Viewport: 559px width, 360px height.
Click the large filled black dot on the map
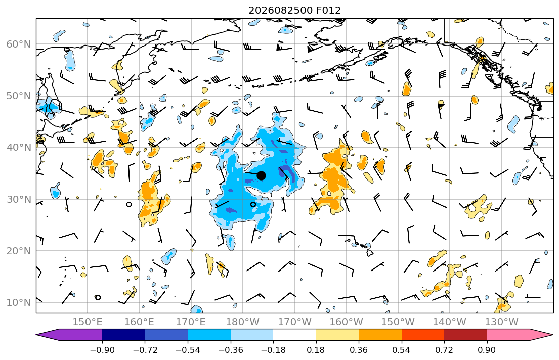262,175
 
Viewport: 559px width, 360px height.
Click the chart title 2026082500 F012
294,10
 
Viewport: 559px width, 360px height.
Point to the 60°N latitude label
19,44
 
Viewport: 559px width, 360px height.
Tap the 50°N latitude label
19,96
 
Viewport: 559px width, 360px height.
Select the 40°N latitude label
19,148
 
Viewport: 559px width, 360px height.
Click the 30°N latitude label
19,199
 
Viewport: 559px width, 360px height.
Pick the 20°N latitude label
19,251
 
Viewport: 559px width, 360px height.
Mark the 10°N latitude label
19,303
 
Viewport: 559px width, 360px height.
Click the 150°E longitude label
88,322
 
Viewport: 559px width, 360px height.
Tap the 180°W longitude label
243,322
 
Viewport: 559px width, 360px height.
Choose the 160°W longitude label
346,322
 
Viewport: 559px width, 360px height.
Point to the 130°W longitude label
502,322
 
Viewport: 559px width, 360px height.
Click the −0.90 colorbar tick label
102,350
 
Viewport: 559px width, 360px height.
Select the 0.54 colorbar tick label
402,350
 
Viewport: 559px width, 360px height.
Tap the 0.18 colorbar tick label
316,350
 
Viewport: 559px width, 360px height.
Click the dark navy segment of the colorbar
123,335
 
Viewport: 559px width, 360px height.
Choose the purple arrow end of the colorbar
69,335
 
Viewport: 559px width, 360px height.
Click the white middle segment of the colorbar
294,335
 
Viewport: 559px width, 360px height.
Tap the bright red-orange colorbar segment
423,335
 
